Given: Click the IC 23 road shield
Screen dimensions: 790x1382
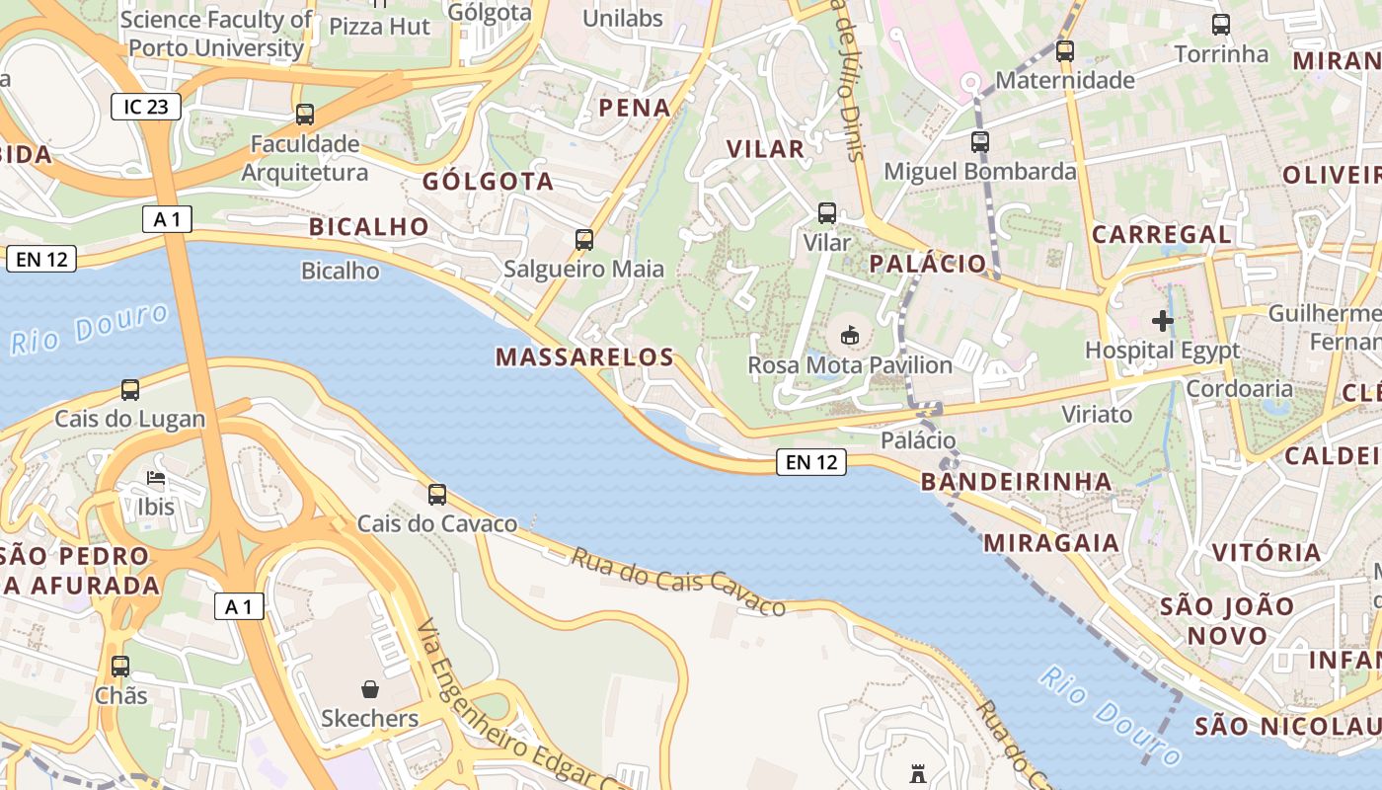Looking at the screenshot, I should click(x=146, y=107).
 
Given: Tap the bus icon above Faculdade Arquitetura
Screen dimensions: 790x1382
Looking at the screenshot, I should click(x=305, y=115).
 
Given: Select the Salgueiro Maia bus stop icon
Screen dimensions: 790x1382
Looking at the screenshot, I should click(x=584, y=239).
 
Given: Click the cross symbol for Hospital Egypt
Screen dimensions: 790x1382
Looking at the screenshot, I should click(x=1163, y=320).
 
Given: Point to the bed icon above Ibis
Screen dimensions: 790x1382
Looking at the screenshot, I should click(x=156, y=479).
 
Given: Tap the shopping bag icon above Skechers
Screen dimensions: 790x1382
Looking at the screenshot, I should click(x=370, y=688).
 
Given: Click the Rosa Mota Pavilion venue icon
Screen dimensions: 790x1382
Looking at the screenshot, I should click(x=849, y=336).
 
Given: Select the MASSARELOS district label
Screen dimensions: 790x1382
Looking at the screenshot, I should click(x=584, y=357).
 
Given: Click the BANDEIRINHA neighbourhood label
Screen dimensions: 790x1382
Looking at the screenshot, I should click(x=1016, y=482).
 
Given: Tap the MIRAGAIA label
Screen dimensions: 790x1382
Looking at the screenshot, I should click(x=1051, y=542).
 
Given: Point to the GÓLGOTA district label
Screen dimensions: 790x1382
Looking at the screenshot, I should click(x=488, y=182).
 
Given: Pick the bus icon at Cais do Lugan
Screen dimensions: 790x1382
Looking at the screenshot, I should click(x=130, y=390).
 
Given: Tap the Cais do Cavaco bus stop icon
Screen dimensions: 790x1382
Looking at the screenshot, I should click(x=437, y=495).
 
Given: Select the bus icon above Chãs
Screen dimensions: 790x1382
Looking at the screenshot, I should click(x=120, y=667).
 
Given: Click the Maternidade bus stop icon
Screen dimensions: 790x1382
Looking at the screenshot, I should click(x=1065, y=51).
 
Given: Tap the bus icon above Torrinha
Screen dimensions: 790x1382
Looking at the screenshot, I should click(x=1221, y=25).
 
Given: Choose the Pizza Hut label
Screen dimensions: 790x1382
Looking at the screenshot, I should click(x=380, y=27).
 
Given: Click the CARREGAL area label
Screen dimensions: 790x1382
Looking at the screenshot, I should click(x=1161, y=235).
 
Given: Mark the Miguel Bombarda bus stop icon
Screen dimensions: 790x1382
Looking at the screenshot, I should click(x=980, y=142).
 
